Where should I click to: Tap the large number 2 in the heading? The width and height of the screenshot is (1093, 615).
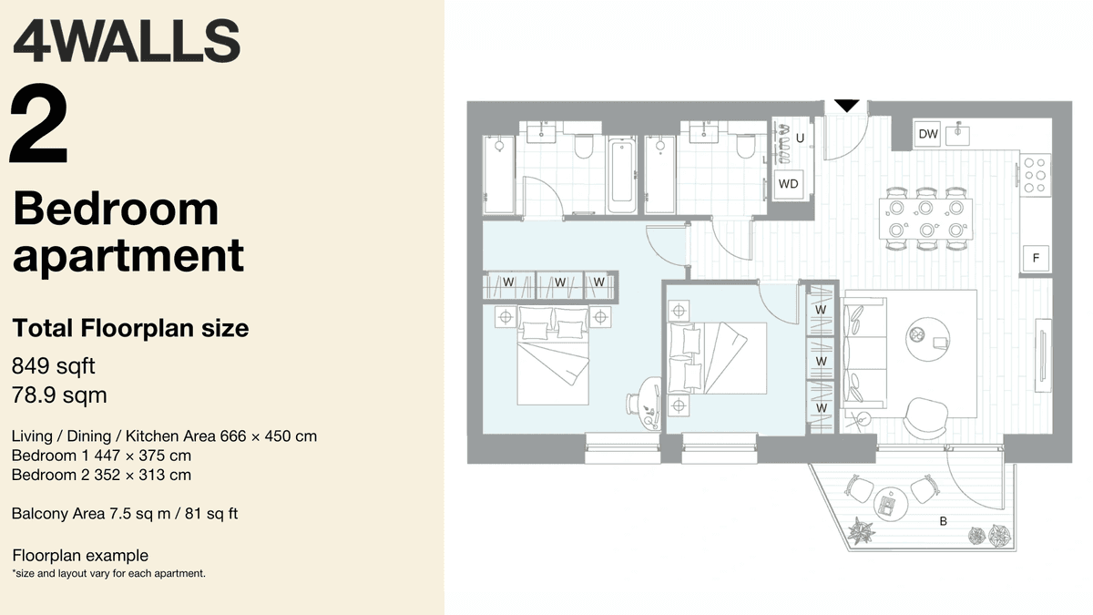point(39,128)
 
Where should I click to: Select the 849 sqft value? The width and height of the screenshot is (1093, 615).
point(53,366)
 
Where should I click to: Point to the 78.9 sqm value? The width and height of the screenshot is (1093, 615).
point(59,395)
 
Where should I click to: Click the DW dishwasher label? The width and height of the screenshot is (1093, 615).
point(927,135)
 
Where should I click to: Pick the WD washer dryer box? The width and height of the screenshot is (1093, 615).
point(788,184)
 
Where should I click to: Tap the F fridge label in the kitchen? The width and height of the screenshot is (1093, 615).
point(1036,259)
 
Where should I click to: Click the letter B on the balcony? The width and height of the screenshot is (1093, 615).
point(944,522)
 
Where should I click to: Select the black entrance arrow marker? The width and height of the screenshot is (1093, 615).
point(847,106)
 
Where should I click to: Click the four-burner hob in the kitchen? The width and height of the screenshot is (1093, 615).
point(1036,174)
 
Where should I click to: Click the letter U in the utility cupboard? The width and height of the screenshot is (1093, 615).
point(800,138)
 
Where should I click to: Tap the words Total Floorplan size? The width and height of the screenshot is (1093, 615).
point(130,328)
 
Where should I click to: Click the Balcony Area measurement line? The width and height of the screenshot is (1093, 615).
point(125,514)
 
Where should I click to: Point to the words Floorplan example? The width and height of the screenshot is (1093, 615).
point(80,556)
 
